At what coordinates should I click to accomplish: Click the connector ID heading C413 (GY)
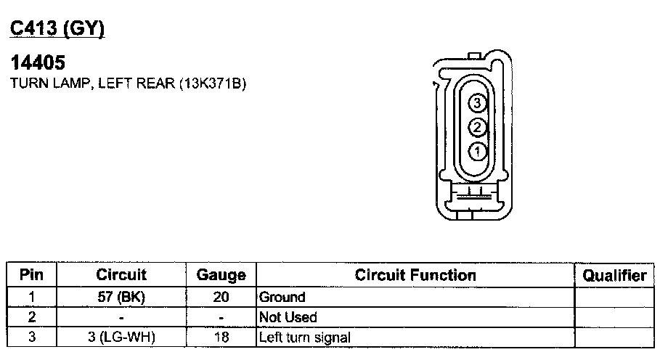57,28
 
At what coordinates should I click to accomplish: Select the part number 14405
38,62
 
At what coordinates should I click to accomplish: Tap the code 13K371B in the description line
213,83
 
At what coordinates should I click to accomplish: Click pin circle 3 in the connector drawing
477,102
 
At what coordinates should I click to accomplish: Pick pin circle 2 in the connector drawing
477,127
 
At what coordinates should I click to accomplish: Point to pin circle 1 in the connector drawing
477,151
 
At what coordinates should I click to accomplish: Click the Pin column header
31,275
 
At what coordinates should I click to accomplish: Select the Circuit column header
121,275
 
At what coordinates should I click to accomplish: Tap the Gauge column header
221,275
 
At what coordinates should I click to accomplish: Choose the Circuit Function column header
415,275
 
